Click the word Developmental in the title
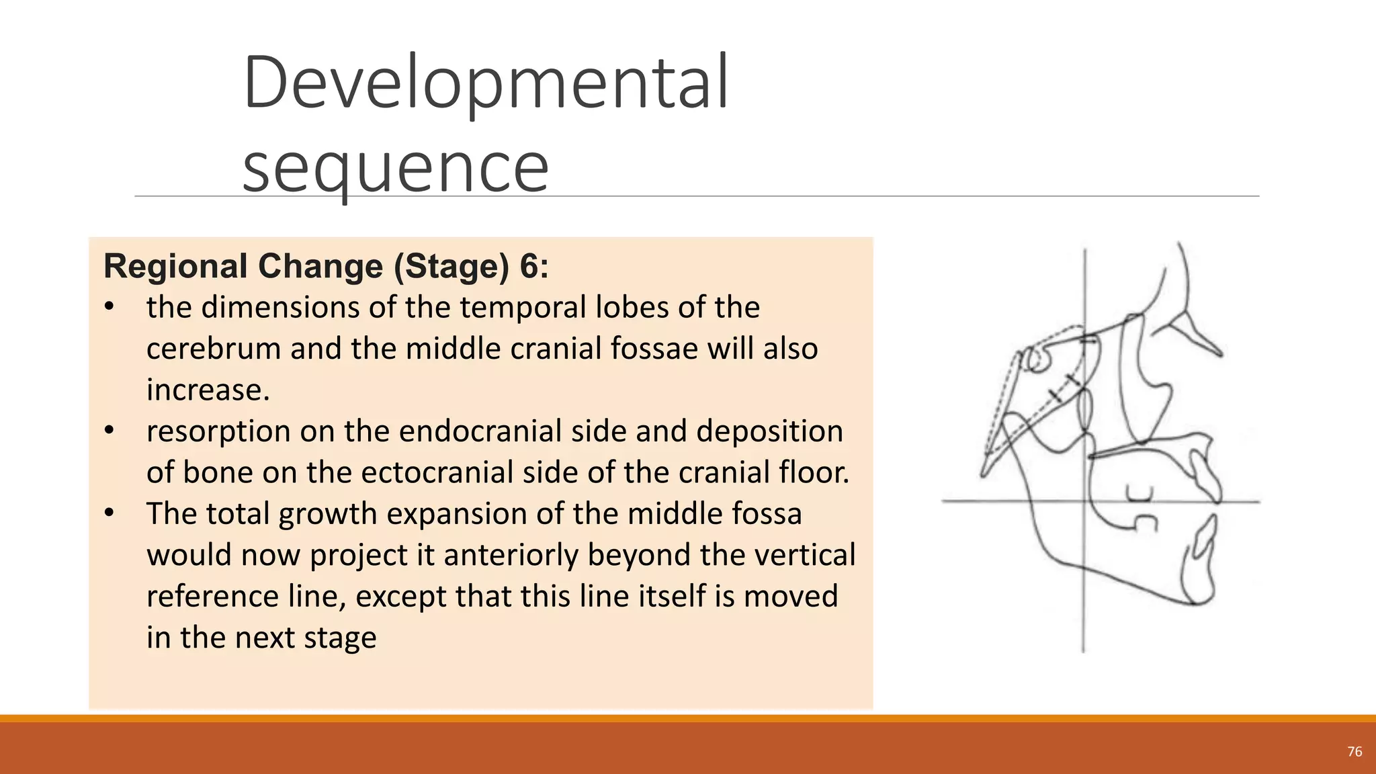coord(485,83)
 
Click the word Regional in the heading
coord(176,266)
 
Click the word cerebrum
coord(213,349)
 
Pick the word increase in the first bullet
coord(204,390)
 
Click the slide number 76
coord(1354,752)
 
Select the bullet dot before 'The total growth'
coord(110,513)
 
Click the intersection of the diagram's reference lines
coord(1084,501)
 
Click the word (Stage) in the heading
coord(451,266)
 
